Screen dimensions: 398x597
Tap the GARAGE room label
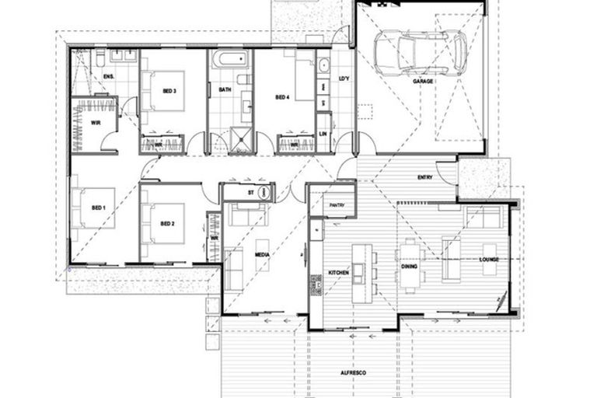[424, 81]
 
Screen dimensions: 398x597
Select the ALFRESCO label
[354, 373]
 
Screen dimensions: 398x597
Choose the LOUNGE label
[489, 259]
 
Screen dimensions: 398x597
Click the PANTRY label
[337, 205]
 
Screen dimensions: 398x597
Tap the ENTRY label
[424, 178]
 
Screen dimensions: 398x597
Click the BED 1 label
[99, 208]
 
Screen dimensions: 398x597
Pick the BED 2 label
[166, 224]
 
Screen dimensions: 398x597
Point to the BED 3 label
[169, 91]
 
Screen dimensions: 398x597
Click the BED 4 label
[282, 97]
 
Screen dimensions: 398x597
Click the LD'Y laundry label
[344, 79]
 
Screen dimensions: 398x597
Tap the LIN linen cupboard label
[323, 134]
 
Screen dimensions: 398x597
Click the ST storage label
[251, 192]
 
